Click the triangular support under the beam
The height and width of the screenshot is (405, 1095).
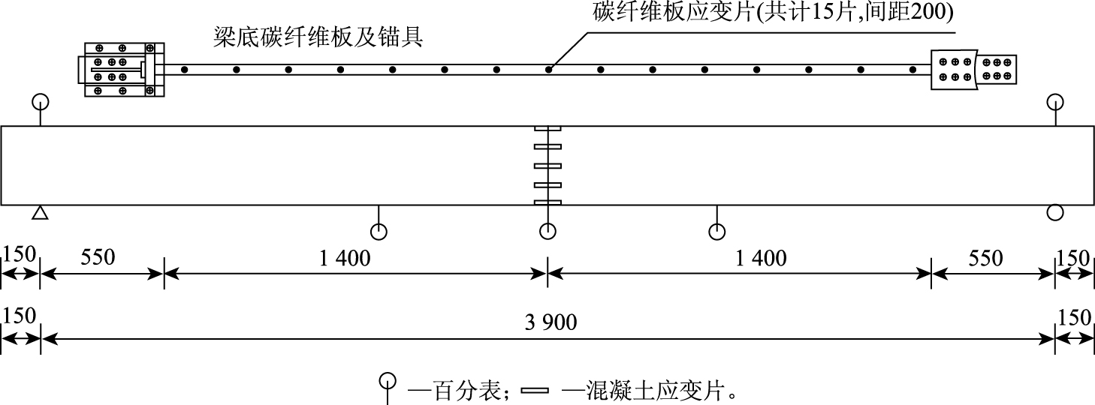(x=41, y=214)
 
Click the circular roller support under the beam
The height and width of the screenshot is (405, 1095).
(x=1055, y=213)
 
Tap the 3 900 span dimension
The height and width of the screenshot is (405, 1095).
(x=551, y=322)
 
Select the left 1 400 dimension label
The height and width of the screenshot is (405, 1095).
(x=345, y=259)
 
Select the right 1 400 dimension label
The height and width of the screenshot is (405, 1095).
(x=762, y=259)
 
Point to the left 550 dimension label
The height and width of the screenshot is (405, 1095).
(x=98, y=259)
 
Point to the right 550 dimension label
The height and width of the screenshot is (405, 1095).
(x=986, y=259)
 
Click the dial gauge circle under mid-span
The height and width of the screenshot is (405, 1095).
(x=548, y=231)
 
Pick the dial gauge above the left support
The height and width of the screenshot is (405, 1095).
(x=41, y=101)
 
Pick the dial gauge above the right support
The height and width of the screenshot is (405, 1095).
(x=1055, y=101)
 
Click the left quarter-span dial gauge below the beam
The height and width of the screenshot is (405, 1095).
(x=379, y=231)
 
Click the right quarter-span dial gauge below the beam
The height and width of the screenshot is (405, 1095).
(x=718, y=231)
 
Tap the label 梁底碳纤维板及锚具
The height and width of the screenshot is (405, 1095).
(x=318, y=37)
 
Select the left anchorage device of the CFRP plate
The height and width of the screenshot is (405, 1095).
(x=121, y=69)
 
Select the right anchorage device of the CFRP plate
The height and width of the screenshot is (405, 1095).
(x=973, y=69)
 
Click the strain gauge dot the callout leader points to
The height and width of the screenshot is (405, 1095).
(x=549, y=70)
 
